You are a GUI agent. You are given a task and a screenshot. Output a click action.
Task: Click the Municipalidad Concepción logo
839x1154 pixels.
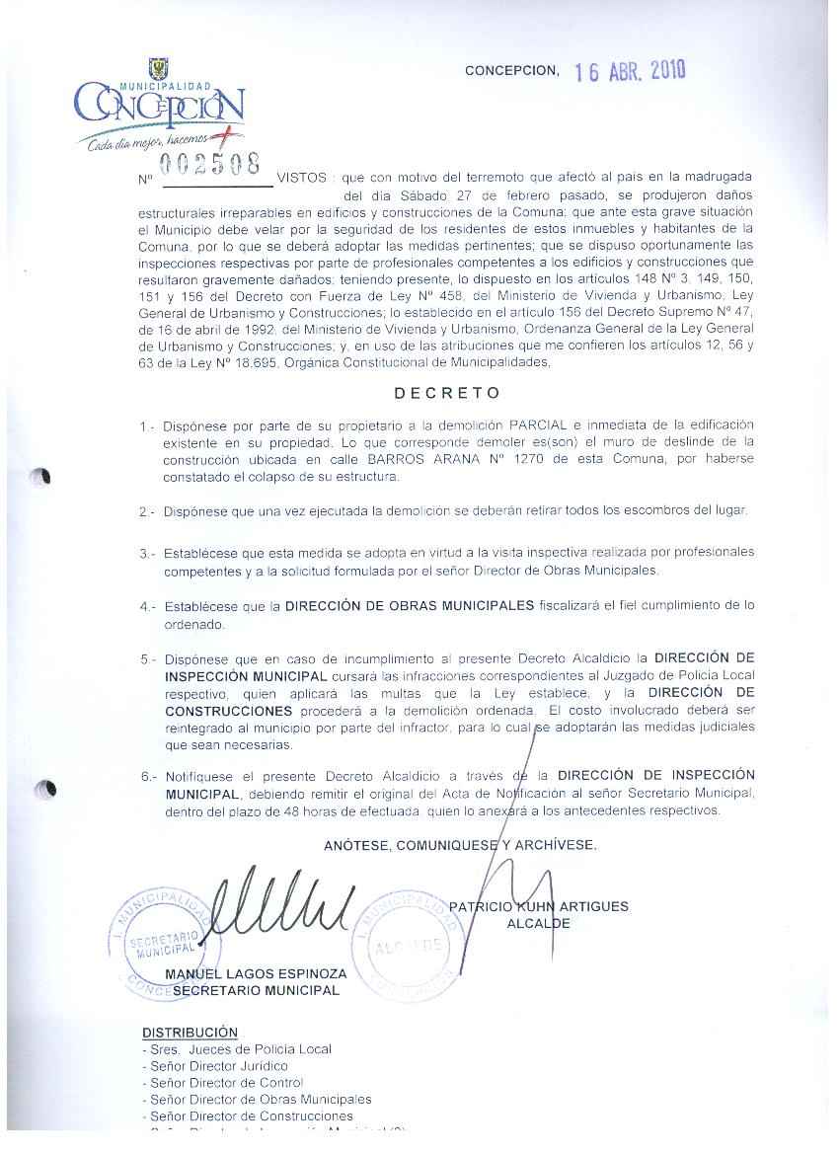[159, 108]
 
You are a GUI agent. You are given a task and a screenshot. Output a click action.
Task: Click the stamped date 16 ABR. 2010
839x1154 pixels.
[630, 71]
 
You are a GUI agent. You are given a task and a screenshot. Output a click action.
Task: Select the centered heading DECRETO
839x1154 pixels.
[447, 393]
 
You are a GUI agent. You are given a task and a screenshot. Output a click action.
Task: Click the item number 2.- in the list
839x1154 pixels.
[148, 511]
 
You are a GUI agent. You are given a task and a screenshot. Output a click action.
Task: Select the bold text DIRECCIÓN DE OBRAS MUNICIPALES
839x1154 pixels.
[410, 604]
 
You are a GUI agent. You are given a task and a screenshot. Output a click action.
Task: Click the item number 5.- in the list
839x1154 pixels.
[148, 657]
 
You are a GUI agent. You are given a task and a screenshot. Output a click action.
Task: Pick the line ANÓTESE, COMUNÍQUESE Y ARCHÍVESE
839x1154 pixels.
[460, 845]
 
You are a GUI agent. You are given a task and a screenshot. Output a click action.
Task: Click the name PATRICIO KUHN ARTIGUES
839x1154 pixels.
[538, 906]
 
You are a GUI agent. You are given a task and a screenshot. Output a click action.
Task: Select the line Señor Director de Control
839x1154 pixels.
[222, 1083]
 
